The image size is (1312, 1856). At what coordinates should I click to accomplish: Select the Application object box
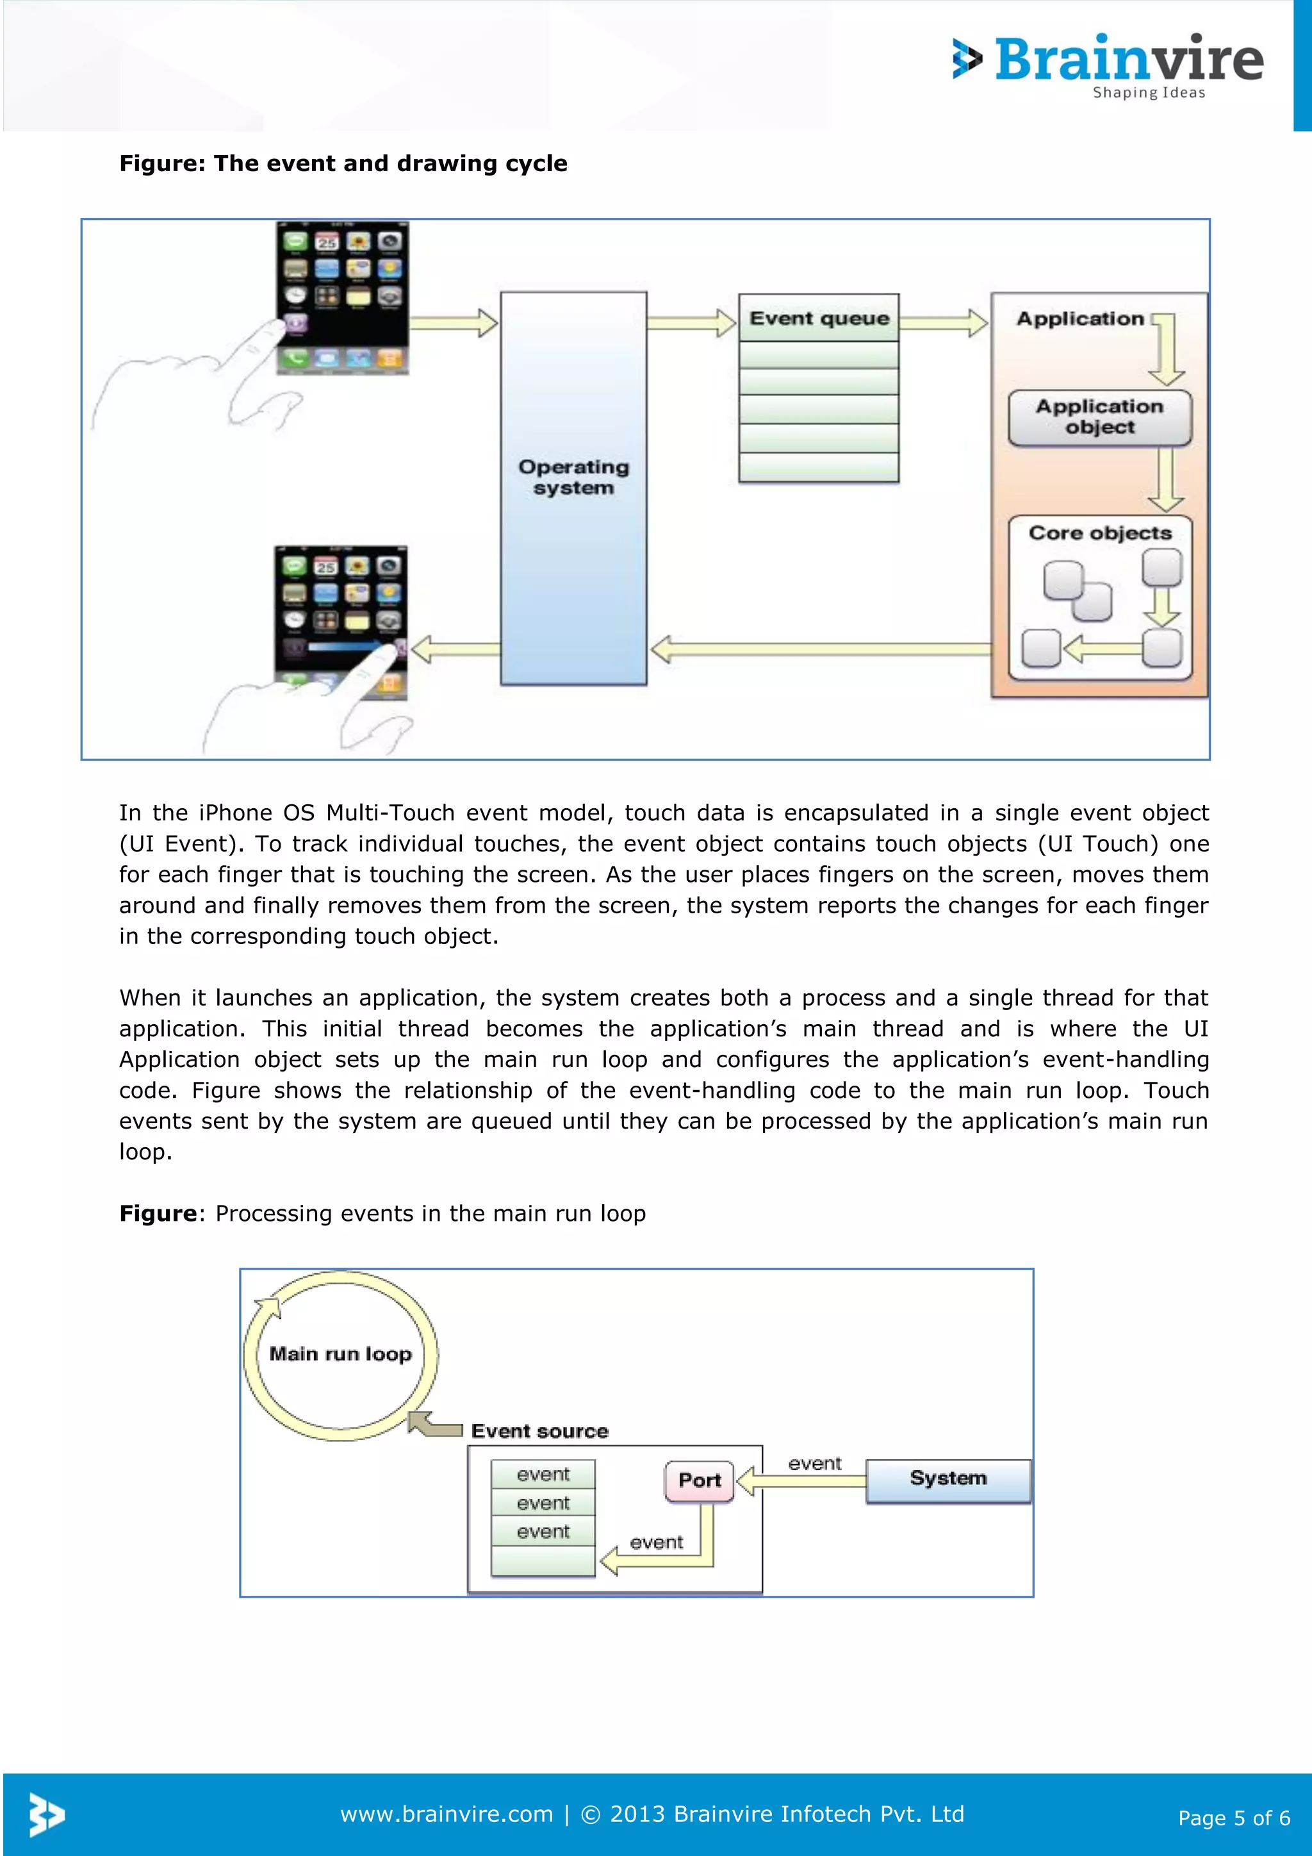tap(1099, 417)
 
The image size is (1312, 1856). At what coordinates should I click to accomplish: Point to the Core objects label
tap(1099, 533)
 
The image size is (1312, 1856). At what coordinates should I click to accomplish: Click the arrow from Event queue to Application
tap(943, 322)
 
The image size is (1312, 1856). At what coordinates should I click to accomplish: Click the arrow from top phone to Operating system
tap(454, 322)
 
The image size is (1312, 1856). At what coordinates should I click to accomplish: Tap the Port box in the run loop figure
tap(700, 1480)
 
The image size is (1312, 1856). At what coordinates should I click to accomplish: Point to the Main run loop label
tap(340, 1354)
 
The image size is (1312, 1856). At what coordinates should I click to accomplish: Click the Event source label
tap(539, 1431)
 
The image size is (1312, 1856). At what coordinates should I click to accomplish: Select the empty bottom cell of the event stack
tap(543, 1560)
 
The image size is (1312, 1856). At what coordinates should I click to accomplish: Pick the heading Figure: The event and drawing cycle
tap(343, 163)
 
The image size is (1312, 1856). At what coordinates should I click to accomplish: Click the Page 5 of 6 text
tap(1234, 1818)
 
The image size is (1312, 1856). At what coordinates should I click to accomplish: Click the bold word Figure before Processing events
tap(158, 1213)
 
